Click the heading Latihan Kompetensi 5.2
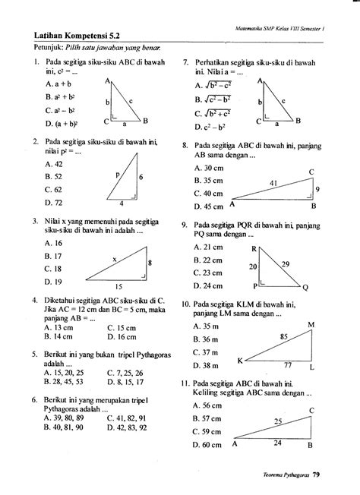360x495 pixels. (x=75, y=35)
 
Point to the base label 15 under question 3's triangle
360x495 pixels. (x=116, y=287)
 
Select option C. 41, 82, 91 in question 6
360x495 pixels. (x=127, y=418)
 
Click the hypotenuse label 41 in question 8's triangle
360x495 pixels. (x=274, y=183)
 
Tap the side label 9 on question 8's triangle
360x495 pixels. (x=317, y=189)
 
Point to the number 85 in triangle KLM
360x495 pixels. (x=283, y=336)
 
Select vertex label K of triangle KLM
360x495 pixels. (x=241, y=360)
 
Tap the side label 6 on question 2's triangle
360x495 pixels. (x=141, y=176)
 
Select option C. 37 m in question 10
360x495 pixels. (x=206, y=352)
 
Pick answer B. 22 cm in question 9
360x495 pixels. (x=207, y=260)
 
